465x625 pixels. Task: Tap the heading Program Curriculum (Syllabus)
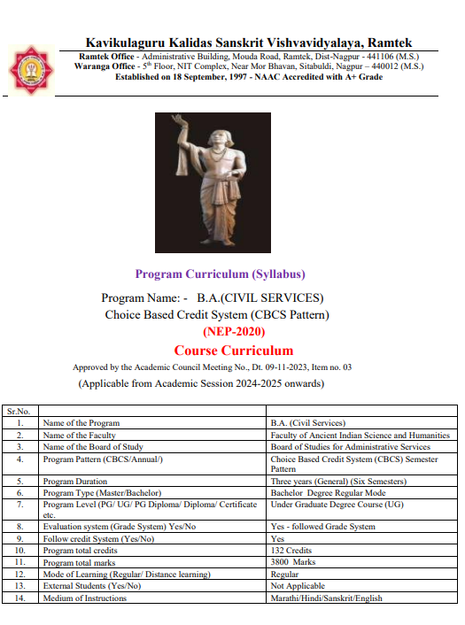coord(220,274)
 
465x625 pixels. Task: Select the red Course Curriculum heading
coord(233,351)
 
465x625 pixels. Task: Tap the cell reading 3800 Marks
coord(294,562)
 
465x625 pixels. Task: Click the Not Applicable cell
coord(298,586)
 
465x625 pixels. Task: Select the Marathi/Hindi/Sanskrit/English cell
coord(326,598)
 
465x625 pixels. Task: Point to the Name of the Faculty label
coord(80,436)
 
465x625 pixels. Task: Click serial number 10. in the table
coord(19,551)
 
